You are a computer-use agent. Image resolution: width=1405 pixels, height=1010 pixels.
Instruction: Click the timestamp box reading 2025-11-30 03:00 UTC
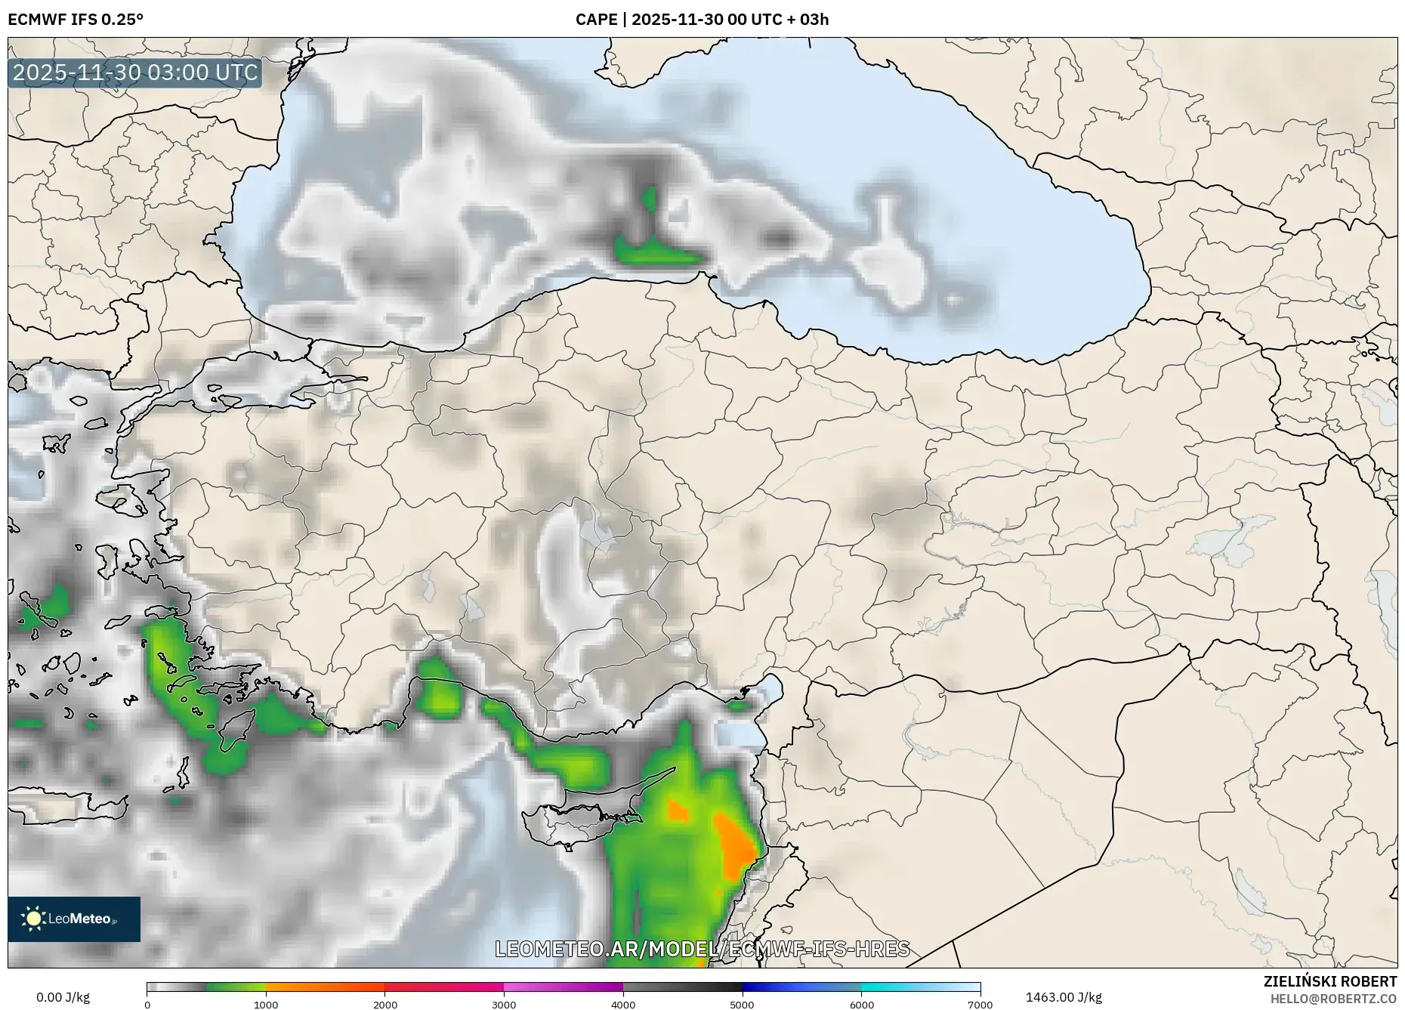pos(135,73)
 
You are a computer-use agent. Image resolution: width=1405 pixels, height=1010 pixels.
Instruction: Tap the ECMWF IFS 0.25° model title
pos(76,20)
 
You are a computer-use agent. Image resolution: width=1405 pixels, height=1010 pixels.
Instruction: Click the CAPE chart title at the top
pos(702,20)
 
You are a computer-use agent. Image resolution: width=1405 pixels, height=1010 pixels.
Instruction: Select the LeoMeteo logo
pos(74,919)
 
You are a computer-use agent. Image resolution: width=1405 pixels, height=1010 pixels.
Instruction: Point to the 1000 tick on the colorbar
pos(266,1005)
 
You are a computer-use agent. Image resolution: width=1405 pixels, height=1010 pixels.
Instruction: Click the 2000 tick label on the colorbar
pos(385,1005)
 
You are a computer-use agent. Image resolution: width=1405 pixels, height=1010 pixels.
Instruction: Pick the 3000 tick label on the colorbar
pos(504,1005)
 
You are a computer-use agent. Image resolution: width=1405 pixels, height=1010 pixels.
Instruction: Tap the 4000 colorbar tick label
pos(623,1005)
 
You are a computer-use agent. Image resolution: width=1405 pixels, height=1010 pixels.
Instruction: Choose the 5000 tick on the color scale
pos(743,1005)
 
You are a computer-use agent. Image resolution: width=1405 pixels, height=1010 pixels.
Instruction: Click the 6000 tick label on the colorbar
pos(862,1005)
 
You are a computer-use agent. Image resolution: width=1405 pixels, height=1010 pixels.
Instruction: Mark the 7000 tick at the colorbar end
pos(980,1005)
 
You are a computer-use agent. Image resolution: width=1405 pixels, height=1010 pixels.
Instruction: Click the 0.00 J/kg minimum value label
pos(63,997)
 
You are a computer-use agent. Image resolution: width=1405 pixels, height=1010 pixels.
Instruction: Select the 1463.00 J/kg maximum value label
pos(1064,997)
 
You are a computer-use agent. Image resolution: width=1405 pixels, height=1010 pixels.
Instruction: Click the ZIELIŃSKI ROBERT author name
pos(1329,981)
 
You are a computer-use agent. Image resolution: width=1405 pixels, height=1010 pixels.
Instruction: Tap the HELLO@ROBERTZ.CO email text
pos(1332,999)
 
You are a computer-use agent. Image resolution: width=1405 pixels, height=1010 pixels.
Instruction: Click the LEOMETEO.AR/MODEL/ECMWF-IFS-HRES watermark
pos(702,949)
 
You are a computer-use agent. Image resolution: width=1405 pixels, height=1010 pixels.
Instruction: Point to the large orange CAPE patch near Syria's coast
pos(735,846)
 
